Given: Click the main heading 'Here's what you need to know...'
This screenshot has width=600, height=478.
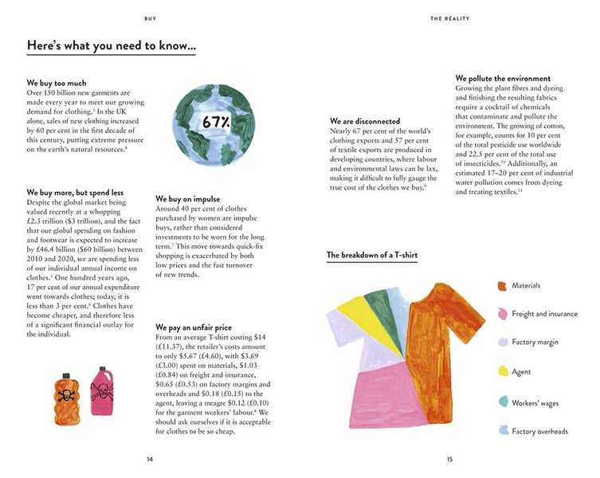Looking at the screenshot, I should click(112, 46).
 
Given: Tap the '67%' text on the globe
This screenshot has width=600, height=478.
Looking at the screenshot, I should click(216, 123).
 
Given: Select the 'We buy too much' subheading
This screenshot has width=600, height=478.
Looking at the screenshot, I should click(57, 83).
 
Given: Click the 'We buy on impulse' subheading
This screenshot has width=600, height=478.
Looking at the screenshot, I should click(188, 198).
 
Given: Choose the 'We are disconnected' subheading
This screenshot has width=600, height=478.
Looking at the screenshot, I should click(366, 120).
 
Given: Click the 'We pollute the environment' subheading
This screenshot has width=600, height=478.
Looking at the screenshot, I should click(503, 79).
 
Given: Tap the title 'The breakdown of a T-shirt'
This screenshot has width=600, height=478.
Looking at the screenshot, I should click(372, 256).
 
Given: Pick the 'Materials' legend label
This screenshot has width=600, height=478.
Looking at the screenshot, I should click(526, 285).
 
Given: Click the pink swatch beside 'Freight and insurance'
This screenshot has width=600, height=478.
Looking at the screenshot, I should click(503, 314).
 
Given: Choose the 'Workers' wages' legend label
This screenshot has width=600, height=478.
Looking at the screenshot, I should click(535, 403).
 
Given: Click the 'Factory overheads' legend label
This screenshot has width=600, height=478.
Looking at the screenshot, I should click(539, 432).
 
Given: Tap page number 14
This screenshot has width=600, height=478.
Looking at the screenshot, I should click(150, 459).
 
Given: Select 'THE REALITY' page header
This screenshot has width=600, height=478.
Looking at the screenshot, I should click(450, 18).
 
